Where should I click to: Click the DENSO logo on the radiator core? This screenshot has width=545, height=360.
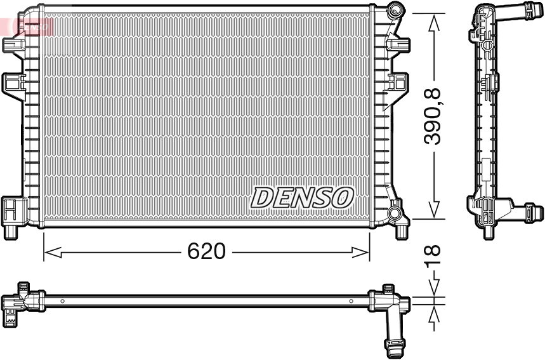[301, 197]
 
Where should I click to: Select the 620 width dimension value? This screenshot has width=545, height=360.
[206, 251]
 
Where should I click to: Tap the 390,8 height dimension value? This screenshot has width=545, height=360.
[434, 117]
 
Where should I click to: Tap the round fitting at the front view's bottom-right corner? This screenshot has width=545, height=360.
[395, 212]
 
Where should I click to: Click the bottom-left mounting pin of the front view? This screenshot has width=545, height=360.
[10, 231]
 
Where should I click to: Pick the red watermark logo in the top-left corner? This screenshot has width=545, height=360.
[29, 25]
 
